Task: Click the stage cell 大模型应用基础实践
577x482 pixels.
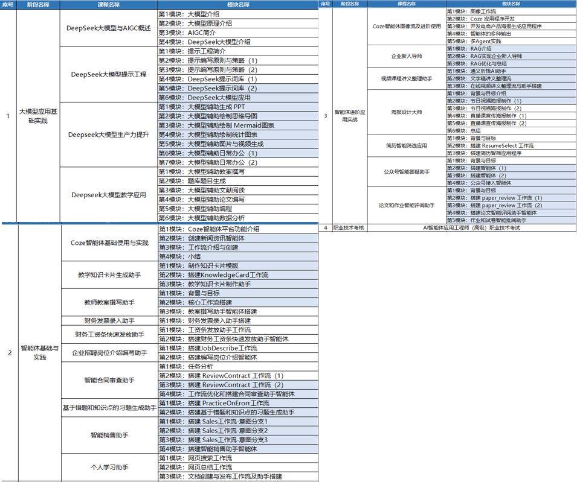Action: click(x=39, y=116)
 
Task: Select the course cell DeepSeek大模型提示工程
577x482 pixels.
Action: click(x=109, y=74)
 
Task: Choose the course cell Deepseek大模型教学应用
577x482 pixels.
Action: click(x=109, y=195)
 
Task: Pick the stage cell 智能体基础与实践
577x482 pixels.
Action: click(x=40, y=352)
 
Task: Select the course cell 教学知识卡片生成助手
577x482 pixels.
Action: click(x=109, y=275)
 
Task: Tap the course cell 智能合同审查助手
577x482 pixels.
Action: click(x=109, y=380)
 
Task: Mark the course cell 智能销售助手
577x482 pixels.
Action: click(x=109, y=435)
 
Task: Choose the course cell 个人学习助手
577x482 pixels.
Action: click(x=109, y=468)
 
